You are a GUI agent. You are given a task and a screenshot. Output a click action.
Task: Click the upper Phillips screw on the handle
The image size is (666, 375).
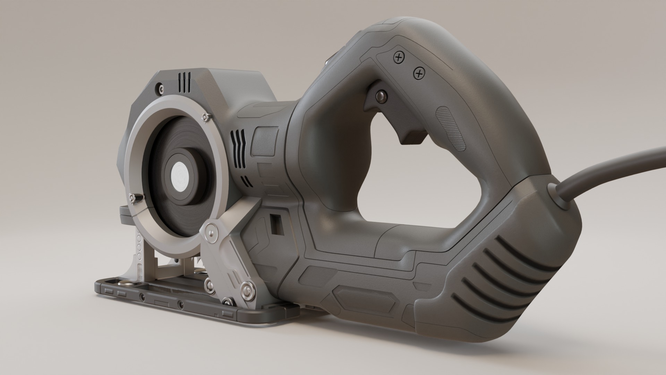pos(399,57)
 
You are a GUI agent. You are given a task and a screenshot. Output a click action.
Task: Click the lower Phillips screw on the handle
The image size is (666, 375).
pos(419,73)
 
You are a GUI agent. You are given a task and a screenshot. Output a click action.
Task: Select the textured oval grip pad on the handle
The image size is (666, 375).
pos(451,128)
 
